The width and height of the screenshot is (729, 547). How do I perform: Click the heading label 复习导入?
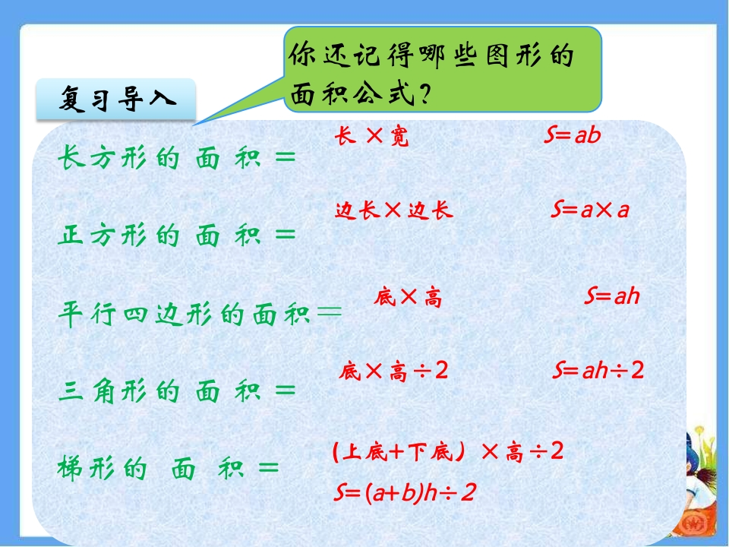click(117, 99)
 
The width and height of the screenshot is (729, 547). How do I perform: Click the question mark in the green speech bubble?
click(424, 94)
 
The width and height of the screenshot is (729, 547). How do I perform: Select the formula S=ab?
click(573, 134)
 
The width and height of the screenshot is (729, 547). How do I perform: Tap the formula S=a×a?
click(590, 210)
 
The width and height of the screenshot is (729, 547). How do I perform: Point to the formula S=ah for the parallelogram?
click(612, 296)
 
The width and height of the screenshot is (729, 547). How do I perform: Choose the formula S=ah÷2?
click(598, 370)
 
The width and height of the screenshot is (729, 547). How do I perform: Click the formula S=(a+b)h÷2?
click(405, 492)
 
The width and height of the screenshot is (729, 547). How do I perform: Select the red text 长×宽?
click(371, 136)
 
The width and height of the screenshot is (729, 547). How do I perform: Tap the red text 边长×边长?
click(394, 210)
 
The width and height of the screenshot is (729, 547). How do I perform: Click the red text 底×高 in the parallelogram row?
click(408, 297)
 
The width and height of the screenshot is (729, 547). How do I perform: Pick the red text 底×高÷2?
click(393, 372)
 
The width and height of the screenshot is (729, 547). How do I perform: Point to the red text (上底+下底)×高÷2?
click(448, 451)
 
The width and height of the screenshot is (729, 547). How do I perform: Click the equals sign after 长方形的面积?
click(286, 157)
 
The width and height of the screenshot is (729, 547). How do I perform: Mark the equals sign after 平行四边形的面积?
click(329, 311)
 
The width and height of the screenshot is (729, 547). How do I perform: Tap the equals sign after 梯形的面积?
click(269, 467)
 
